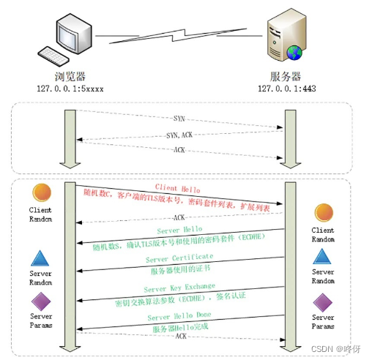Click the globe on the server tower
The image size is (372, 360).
(x=294, y=52)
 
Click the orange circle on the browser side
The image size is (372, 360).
(x=41, y=192)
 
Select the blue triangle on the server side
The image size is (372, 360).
(x=324, y=256)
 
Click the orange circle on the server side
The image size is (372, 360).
(x=324, y=213)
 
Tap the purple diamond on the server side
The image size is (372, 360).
(x=324, y=300)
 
